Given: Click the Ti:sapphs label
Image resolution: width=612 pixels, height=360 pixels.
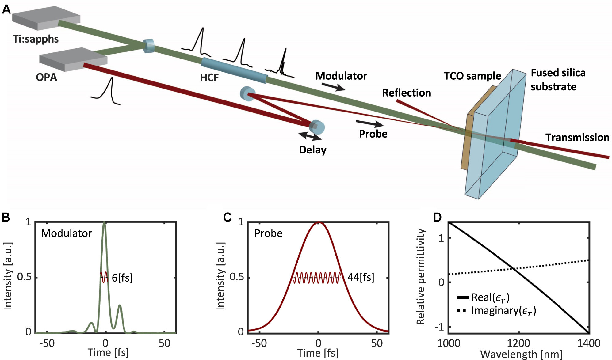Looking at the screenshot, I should pyautogui.click(x=36, y=39).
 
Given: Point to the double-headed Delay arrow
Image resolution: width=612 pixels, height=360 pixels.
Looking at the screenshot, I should pyautogui.click(x=310, y=136).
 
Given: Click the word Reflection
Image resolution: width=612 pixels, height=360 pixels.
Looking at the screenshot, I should pyautogui.click(x=406, y=93).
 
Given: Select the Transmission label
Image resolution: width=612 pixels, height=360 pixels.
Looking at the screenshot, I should pyautogui.click(x=577, y=138).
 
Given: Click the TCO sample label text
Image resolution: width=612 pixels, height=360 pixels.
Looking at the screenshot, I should pyautogui.click(x=472, y=76).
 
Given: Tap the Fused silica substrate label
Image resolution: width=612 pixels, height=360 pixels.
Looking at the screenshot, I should pyautogui.click(x=558, y=80).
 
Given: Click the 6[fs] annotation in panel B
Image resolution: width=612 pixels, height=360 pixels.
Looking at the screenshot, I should pyautogui.click(x=122, y=278).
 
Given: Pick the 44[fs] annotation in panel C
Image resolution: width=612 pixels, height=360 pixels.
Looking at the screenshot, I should pyautogui.click(x=361, y=277).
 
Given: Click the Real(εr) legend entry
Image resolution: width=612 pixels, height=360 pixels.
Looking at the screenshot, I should pyautogui.click(x=490, y=297).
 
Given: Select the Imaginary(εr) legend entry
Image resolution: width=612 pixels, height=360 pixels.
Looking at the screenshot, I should pyautogui.click(x=503, y=311).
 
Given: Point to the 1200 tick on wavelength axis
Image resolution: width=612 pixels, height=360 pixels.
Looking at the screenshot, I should pyautogui.click(x=519, y=343).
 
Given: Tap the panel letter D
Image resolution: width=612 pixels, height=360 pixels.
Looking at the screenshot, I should pyautogui.click(x=437, y=217).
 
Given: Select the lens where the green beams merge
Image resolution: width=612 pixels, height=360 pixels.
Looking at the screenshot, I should pyautogui.click(x=149, y=46).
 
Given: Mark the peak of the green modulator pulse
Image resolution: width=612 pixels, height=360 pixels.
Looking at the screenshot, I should pyautogui.click(x=105, y=223).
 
